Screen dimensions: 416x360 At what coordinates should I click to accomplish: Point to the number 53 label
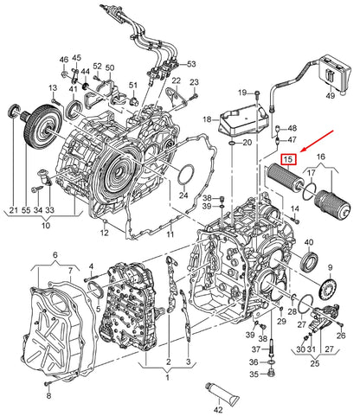click(192, 64)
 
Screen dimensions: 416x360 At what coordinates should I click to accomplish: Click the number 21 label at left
click(14, 210)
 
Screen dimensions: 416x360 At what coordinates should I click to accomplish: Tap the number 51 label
click(133, 84)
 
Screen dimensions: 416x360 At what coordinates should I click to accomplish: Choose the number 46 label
click(64, 60)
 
